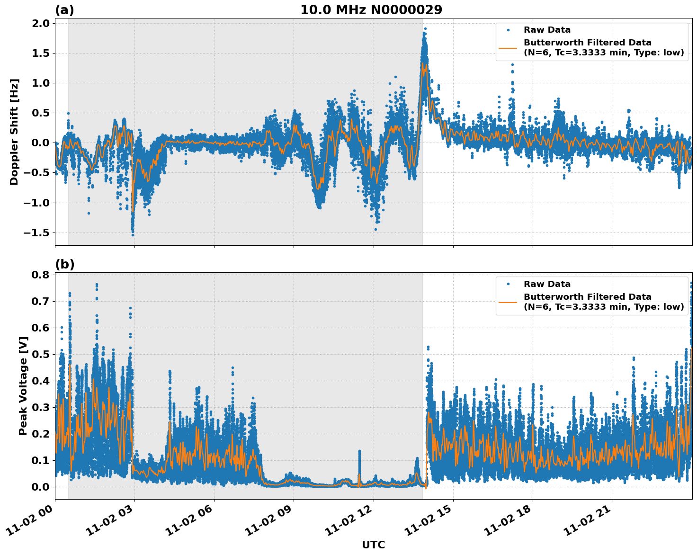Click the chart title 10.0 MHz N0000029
coord(371,10)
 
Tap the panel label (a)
coord(64,10)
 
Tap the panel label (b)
coord(64,264)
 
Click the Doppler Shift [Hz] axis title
coord(14,132)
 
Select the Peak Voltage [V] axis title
coord(23,385)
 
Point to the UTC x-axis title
coord(373,545)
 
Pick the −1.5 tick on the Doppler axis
coord(36,233)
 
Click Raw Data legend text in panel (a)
coord(547,30)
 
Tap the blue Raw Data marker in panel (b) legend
coord(508,284)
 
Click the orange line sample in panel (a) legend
coord(508,47)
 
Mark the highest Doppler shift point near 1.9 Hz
coord(425,29)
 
